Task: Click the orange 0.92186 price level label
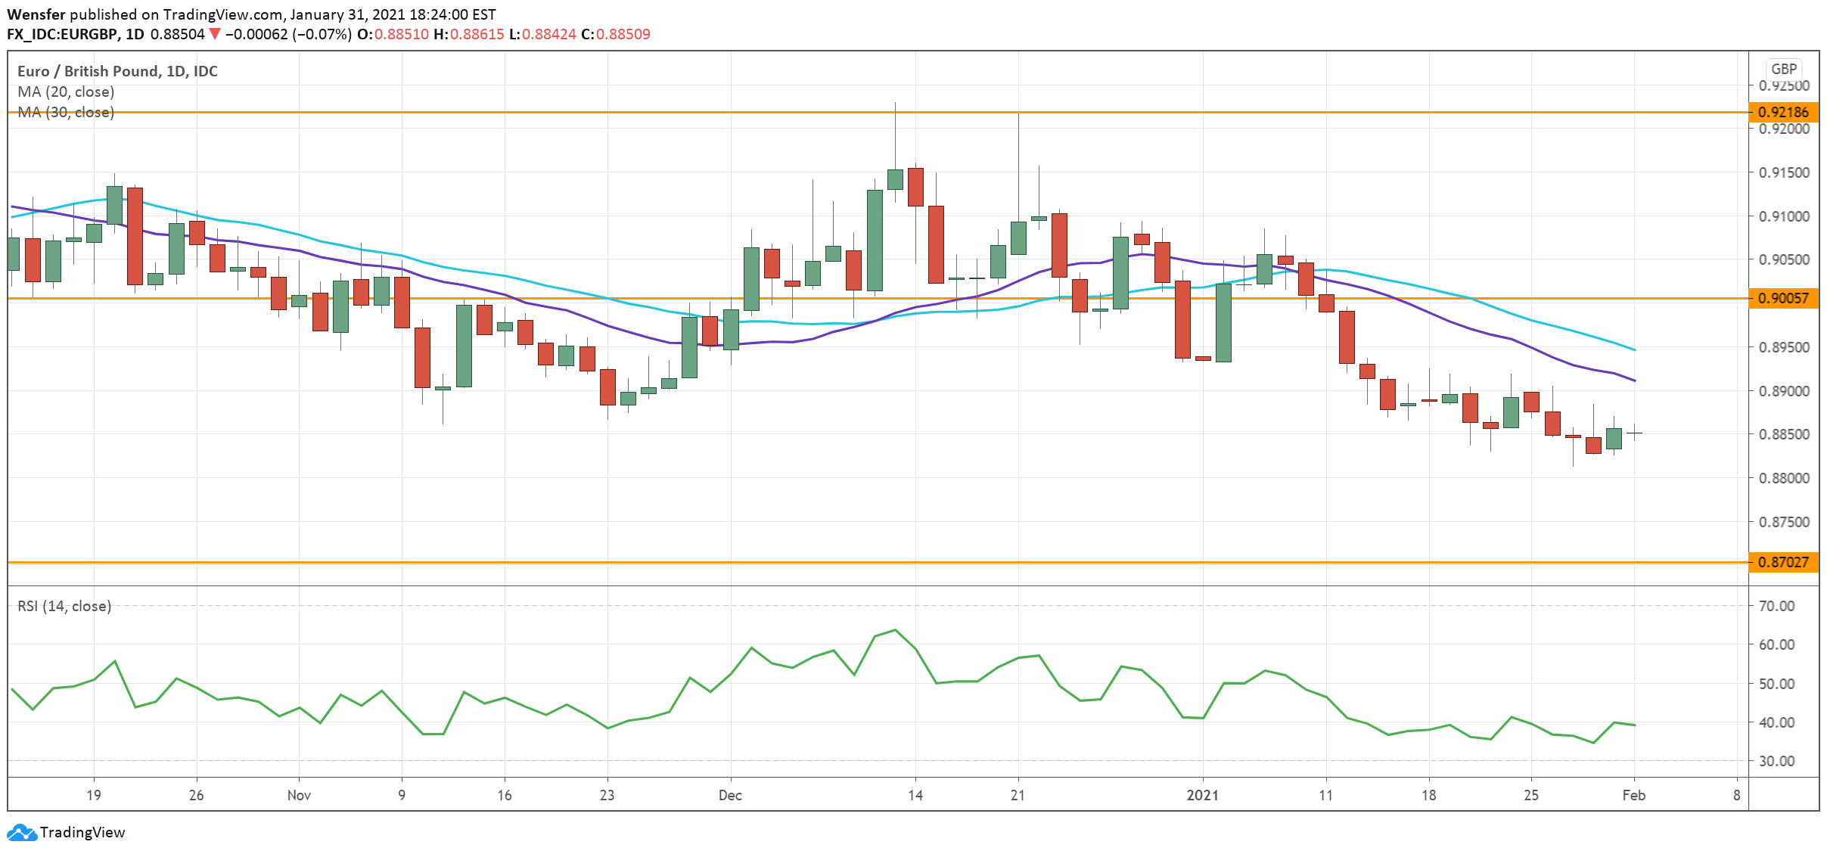1783,112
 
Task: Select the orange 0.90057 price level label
1783,298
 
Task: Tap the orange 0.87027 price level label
1783,562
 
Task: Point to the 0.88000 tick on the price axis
1784,478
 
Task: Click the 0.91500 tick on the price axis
1784,172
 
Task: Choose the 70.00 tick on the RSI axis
1776,606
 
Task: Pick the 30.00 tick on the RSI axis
1776,761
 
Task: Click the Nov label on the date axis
299,795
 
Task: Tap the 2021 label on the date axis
1202,795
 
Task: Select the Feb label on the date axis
1633,795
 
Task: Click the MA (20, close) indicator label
66,92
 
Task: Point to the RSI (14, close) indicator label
64,606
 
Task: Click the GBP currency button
1783,69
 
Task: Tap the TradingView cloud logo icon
21,832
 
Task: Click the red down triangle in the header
215,34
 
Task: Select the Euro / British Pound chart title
117,71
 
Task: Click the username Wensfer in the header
36,14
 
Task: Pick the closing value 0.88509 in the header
623,34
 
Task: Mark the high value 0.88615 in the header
477,34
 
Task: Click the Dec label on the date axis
730,795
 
